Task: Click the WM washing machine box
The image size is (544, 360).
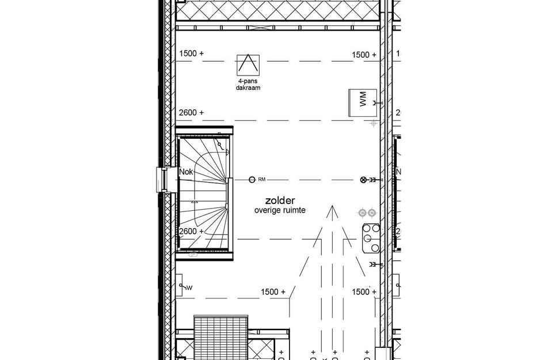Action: coord(363,103)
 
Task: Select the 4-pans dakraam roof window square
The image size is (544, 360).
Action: coord(248,65)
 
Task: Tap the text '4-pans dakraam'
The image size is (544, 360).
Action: coord(248,85)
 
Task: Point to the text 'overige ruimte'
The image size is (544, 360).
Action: coord(280,211)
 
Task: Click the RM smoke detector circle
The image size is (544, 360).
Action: coord(252,180)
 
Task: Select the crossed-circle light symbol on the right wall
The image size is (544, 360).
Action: coord(363,180)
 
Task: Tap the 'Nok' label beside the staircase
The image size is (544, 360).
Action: coord(186,172)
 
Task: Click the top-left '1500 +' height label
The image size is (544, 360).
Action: coord(191,54)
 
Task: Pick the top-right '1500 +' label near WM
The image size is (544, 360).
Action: coord(364,55)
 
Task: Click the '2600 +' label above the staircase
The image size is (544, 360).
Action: coord(191,112)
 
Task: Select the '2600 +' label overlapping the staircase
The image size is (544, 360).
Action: coord(191,231)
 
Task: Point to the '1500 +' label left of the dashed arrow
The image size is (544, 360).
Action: coord(273,292)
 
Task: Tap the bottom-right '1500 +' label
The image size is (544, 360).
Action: coord(364,292)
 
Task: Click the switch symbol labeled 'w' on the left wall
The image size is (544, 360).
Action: coord(185,286)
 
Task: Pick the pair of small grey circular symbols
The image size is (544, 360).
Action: coord(367,213)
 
